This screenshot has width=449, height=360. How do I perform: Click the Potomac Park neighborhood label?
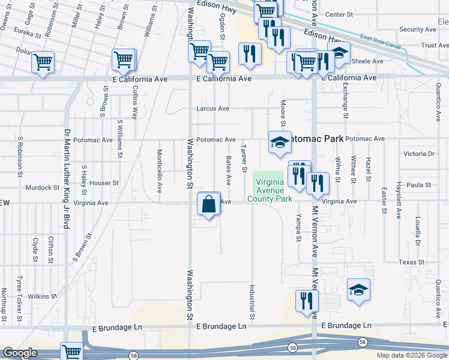317,139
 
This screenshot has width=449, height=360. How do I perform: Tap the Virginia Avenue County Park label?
273,191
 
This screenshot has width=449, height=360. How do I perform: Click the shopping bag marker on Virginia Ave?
208,204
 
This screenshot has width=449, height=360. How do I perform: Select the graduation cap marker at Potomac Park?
280,142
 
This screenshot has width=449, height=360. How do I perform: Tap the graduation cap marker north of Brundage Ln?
358,290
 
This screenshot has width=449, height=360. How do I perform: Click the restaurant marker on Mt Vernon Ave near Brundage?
307,301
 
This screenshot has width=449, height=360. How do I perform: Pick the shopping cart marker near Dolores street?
43,62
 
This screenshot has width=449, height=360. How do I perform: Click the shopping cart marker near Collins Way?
123,60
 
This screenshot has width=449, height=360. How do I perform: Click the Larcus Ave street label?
213,109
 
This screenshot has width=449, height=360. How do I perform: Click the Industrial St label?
252,302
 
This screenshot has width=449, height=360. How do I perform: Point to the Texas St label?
411,262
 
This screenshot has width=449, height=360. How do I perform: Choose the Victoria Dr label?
418,154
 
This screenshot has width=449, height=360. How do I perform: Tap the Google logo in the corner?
20,353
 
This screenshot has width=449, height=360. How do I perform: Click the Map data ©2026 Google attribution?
411,355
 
